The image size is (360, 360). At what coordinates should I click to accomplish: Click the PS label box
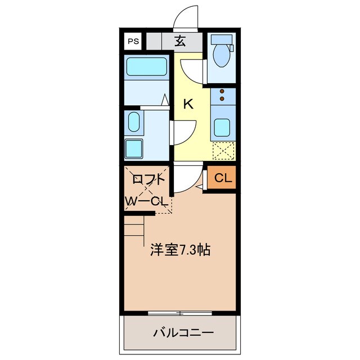tap(133, 41)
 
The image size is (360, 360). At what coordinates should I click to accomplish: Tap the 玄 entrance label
tap(180, 40)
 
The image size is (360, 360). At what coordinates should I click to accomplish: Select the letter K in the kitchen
tap(188, 103)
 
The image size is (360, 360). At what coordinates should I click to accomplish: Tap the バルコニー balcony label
tap(183, 332)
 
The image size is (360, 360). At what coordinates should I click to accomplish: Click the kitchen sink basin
tap(223, 129)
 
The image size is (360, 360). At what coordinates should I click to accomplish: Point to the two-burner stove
tap(223, 94)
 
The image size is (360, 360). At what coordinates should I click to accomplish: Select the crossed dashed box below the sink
tap(223, 151)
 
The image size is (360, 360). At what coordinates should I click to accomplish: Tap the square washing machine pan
tap(134, 149)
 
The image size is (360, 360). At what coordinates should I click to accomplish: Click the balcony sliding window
tap(180, 312)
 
